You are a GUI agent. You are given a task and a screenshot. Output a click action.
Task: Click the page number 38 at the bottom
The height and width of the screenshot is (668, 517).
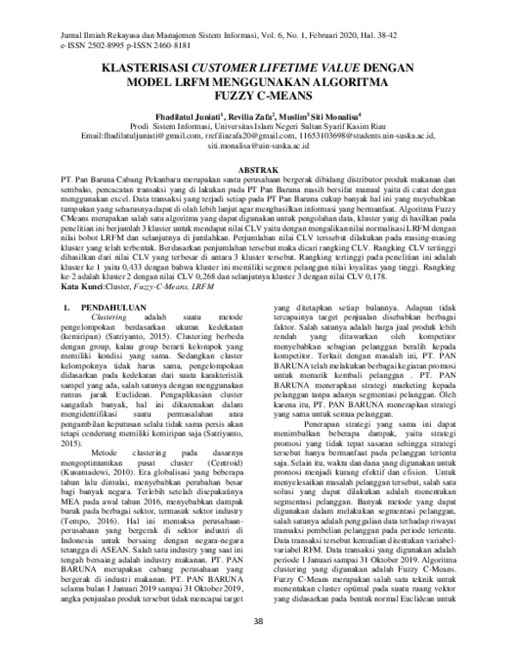(x=258, y=646)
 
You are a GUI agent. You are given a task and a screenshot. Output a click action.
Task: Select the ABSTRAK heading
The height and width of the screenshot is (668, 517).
(x=259, y=172)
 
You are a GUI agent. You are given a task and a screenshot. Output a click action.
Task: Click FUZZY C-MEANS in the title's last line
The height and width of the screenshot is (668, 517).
(x=259, y=98)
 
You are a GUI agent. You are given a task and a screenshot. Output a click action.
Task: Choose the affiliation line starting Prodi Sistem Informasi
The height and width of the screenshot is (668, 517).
(x=258, y=128)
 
